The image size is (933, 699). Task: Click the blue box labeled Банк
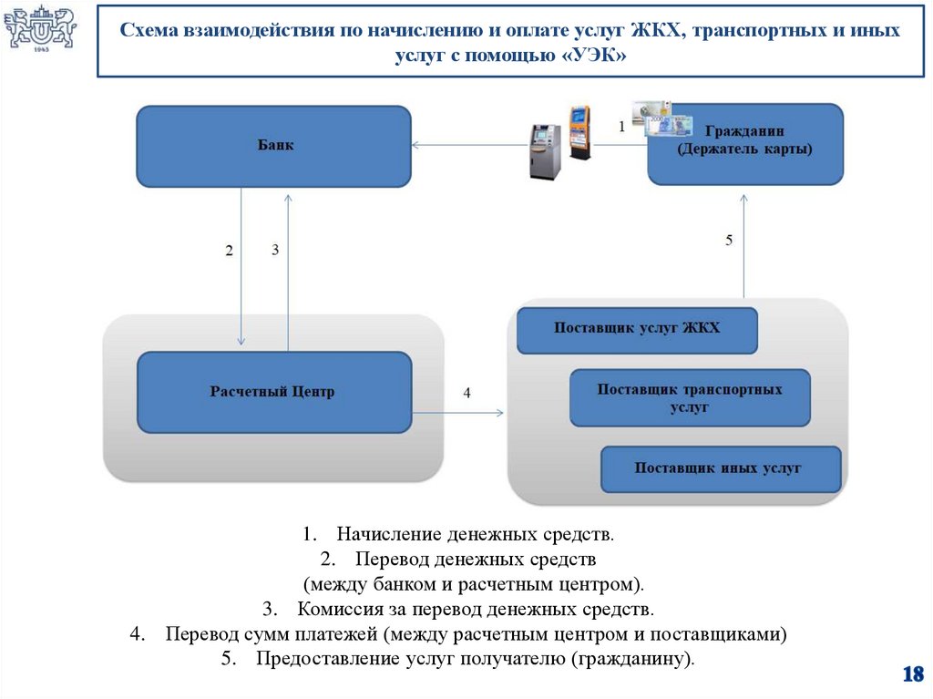coord(273,146)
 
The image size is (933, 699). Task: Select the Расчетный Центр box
coord(273,392)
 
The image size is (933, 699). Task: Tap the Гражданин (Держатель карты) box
coord(745,144)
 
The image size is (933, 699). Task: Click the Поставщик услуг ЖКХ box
coord(637,330)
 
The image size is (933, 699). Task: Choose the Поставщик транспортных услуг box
coord(690,398)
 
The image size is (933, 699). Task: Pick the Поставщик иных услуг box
coord(720,468)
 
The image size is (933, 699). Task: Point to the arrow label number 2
coord(229,250)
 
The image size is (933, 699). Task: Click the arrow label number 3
coord(274,250)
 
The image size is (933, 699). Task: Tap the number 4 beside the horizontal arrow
coord(466,394)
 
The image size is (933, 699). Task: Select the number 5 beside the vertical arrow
coord(728,241)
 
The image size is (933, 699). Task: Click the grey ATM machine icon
coord(545,149)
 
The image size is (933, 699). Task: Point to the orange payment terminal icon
coord(579,132)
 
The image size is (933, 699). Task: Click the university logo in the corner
coord(41,29)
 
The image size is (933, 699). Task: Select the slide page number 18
coord(912,674)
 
